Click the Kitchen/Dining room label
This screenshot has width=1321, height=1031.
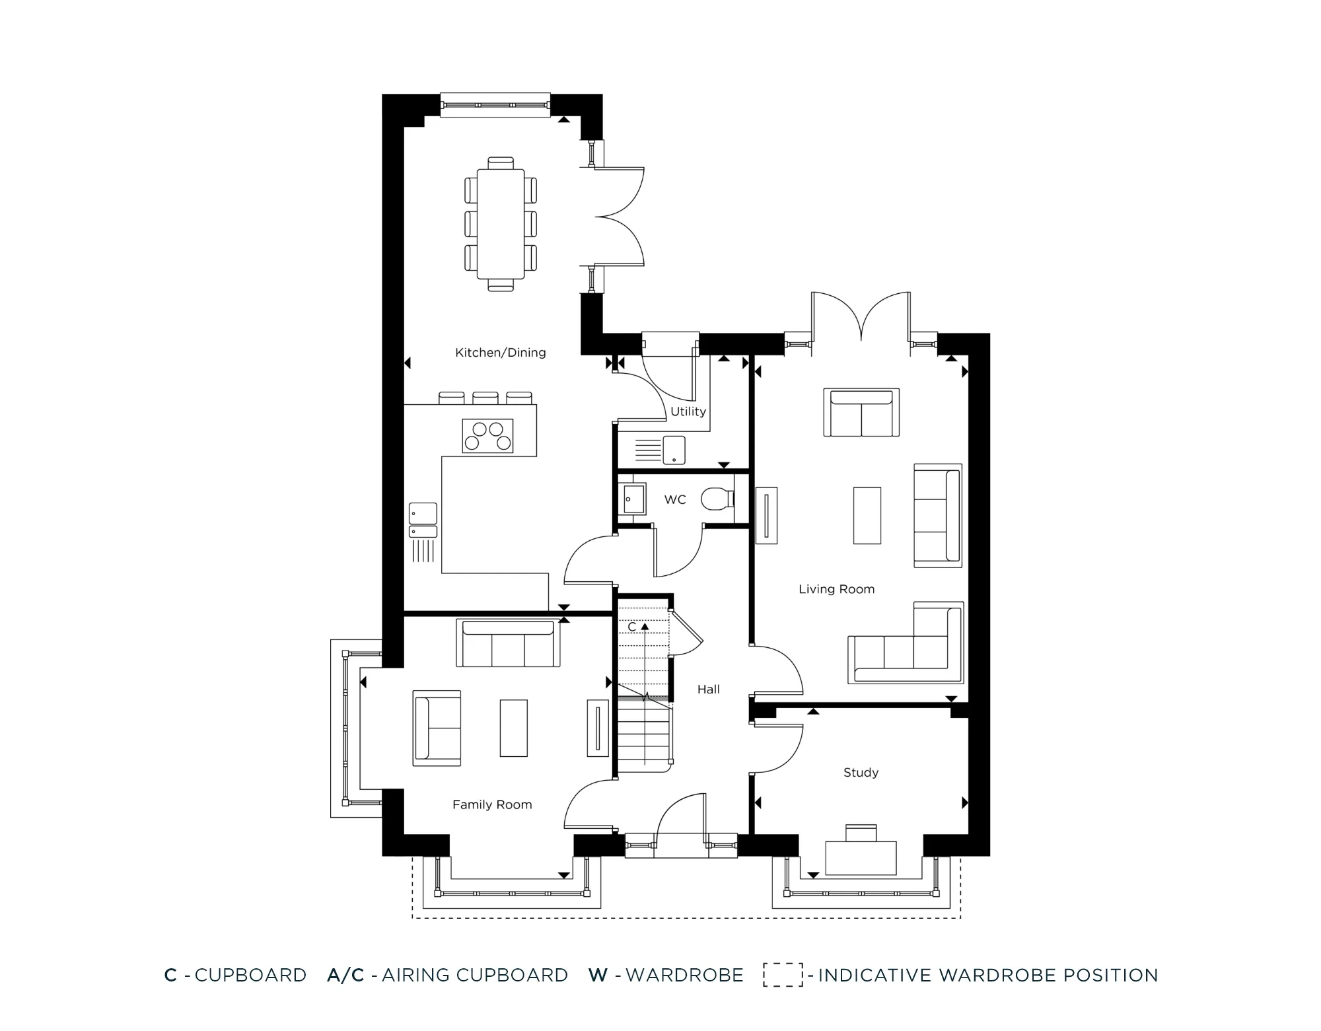[500, 353]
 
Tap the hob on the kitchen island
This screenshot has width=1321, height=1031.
[487, 436]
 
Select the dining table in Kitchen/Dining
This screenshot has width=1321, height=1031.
[500, 225]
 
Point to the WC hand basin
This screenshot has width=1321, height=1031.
[634, 499]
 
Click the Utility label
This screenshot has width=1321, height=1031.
[688, 411]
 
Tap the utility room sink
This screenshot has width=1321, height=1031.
[674, 450]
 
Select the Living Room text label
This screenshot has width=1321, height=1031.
[836, 589]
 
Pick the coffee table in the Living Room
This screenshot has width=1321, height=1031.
[867, 515]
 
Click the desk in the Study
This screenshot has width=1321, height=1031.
[861, 857]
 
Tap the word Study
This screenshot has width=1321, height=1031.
[861, 773]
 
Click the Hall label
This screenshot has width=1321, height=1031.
[708, 690]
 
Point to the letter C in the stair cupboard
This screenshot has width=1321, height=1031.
[631, 627]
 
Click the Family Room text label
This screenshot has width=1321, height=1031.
[492, 804]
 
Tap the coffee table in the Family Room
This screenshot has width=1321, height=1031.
[513, 728]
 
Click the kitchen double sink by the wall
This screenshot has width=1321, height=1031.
[423, 520]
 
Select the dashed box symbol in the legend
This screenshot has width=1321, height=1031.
[783, 975]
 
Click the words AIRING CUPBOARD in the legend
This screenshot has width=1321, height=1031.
[474, 976]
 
